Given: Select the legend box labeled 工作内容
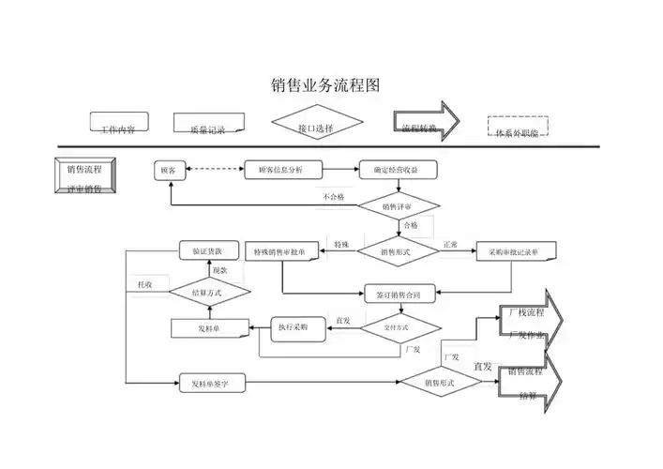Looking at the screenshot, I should coord(118,124).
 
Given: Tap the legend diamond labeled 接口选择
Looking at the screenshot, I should coord(316,126).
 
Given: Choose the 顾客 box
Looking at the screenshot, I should coord(170,171).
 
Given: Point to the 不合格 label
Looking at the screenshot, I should coord(334,197).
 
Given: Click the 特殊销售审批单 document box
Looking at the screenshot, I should coord(280,252).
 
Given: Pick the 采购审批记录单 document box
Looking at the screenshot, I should coord(516,252).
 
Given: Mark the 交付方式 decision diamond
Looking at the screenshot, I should coord(397,327).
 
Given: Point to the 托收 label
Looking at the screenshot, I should coord(146,283).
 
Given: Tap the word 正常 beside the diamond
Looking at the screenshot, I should coord(450,244).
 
